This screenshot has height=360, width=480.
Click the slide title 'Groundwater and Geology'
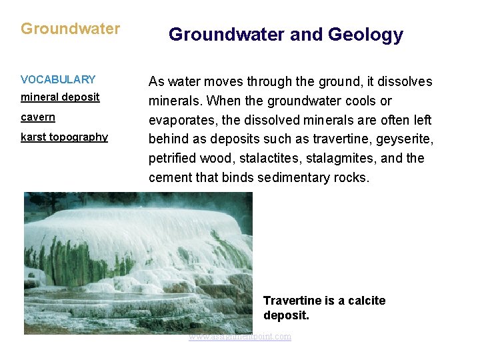[285, 35]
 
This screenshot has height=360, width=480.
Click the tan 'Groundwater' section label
[70, 29]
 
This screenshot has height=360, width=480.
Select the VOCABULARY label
[58, 79]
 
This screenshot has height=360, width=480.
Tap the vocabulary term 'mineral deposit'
[60, 97]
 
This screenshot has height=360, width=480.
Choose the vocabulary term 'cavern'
[38, 117]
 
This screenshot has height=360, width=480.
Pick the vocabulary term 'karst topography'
[64, 137]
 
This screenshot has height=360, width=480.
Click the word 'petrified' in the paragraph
[171, 159]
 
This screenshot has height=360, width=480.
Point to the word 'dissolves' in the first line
[405, 82]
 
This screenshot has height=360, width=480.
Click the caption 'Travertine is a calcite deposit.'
[324, 307]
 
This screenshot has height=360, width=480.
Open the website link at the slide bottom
[240, 337]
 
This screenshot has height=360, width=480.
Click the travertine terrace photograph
[138, 263]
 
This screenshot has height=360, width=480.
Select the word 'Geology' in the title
[364, 35]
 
